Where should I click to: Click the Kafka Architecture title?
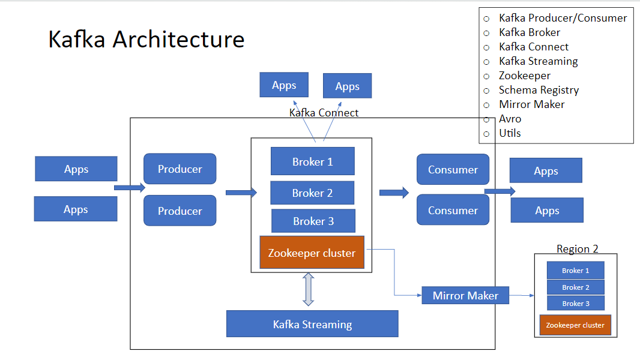point(146,40)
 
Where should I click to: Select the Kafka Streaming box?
point(312,324)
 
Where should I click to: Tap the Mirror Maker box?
point(465,295)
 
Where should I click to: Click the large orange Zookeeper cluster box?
point(312,253)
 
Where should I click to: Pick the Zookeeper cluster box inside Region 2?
point(575,325)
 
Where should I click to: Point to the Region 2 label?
point(577,249)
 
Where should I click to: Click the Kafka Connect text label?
point(324,112)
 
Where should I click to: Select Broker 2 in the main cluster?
point(312,193)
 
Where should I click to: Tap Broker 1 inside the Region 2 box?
point(575,271)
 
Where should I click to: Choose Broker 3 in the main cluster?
point(313,221)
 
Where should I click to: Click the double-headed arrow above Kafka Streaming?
point(309,289)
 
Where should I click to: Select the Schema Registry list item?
point(539,90)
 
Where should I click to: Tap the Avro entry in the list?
point(510,119)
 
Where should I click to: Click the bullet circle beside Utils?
point(486,133)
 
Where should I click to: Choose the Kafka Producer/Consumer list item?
point(563,18)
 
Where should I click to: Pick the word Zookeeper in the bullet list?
point(524,76)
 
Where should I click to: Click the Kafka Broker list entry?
point(529,32)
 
